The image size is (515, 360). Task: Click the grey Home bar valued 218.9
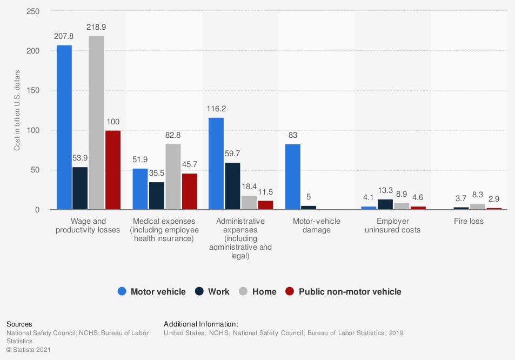tap(97, 123)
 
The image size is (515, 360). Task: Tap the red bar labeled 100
tap(113, 170)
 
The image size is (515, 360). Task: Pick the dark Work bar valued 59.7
tap(233, 186)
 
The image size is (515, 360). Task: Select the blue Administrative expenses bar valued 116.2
tap(216, 163)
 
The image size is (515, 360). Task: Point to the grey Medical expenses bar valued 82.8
tap(173, 177)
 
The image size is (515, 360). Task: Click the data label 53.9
tap(81, 158)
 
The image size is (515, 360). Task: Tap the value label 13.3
tap(385, 190)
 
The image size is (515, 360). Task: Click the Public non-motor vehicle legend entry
tap(344, 292)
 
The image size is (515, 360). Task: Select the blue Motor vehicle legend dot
tap(122, 292)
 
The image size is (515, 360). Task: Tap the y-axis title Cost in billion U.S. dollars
tap(17, 110)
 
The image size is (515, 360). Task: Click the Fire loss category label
tap(469, 221)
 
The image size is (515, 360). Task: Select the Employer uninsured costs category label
tap(392, 225)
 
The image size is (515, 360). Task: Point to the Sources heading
tap(19, 324)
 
